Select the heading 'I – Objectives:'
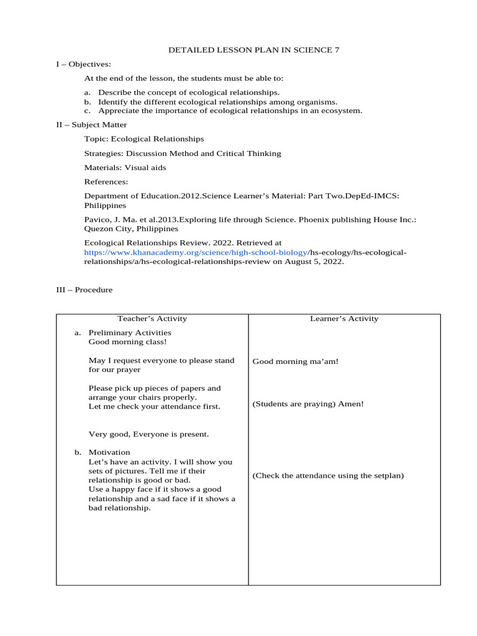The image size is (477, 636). coord(83,64)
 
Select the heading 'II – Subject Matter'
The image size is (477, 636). coord(91,125)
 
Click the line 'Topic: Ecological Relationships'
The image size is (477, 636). coord(143,139)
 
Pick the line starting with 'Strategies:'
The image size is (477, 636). coord(182,153)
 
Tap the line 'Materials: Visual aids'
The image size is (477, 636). coord(125,168)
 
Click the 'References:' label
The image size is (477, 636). coord(106,182)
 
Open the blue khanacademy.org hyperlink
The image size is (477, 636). coord(196,253)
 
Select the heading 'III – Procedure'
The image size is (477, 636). coord(84,290)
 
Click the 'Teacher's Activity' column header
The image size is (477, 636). coord(152,319)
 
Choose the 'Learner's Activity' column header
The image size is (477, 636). coord(344,319)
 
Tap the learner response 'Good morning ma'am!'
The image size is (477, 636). coord(296,361)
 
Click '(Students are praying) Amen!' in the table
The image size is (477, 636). coord(308,404)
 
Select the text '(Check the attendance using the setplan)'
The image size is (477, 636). coord(328,476)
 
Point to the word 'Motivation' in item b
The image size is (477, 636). coord(109,452)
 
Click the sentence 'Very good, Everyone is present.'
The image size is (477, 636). coord(148,435)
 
